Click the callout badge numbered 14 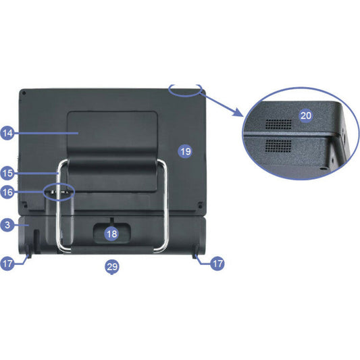click(x=7, y=132)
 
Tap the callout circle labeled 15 click(x=7, y=173)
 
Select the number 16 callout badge click(x=7, y=192)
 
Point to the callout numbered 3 click(x=7, y=225)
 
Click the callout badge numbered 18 click(x=112, y=234)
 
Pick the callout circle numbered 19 click(x=185, y=151)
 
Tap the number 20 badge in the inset click(x=306, y=115)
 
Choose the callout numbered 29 click(x=112, y=267)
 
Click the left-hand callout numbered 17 click(x=7, y=263)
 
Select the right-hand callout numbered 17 click(x=217, y=263)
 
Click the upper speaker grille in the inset click(x=278, y=124)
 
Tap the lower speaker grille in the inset click(x=278, y=146)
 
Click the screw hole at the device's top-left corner click(x=24, y=93)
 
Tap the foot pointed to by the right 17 click(x=197, y=252)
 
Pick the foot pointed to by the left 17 click(x=28, y=252)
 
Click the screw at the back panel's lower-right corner click(x=200, y=206)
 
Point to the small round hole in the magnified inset click(x=324, y=168)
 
